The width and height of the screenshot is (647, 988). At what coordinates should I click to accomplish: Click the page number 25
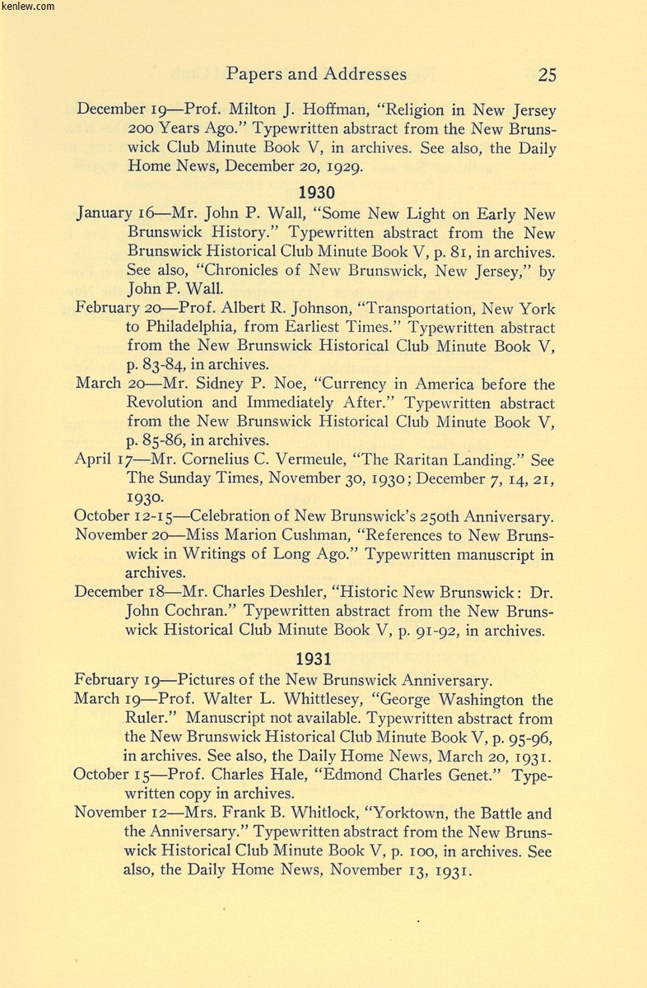click(x=547, y=75)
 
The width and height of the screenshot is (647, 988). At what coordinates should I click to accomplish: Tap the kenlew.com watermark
click(x=28, y=7)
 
